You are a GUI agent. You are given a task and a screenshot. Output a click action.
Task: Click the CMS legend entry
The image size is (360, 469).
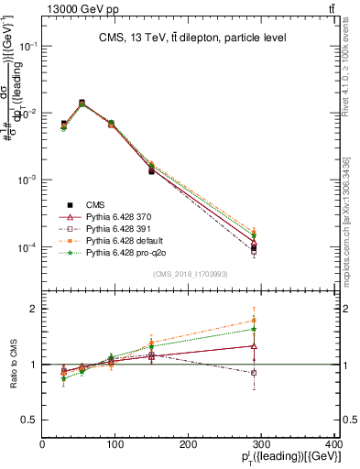point(94,204)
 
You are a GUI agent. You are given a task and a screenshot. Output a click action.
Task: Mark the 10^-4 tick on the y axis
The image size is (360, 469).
point(28,247)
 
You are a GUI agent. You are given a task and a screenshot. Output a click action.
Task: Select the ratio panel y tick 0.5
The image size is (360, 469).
point(30,420)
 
